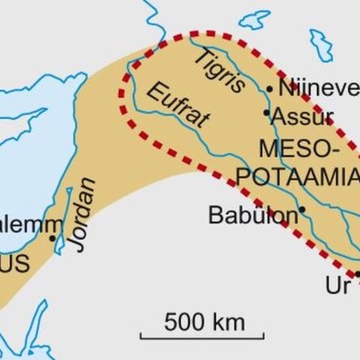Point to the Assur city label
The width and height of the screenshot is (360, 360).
303,116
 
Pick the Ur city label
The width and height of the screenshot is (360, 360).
335,286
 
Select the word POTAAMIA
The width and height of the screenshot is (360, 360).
309,174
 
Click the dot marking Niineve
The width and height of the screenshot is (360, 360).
268,88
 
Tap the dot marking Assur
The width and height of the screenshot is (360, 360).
265,113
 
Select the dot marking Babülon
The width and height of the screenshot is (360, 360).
301,210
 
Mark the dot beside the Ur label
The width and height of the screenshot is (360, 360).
357,274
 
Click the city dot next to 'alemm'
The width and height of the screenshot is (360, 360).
52,238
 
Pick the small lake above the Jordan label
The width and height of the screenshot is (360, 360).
69,196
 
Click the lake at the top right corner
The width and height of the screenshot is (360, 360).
321,42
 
